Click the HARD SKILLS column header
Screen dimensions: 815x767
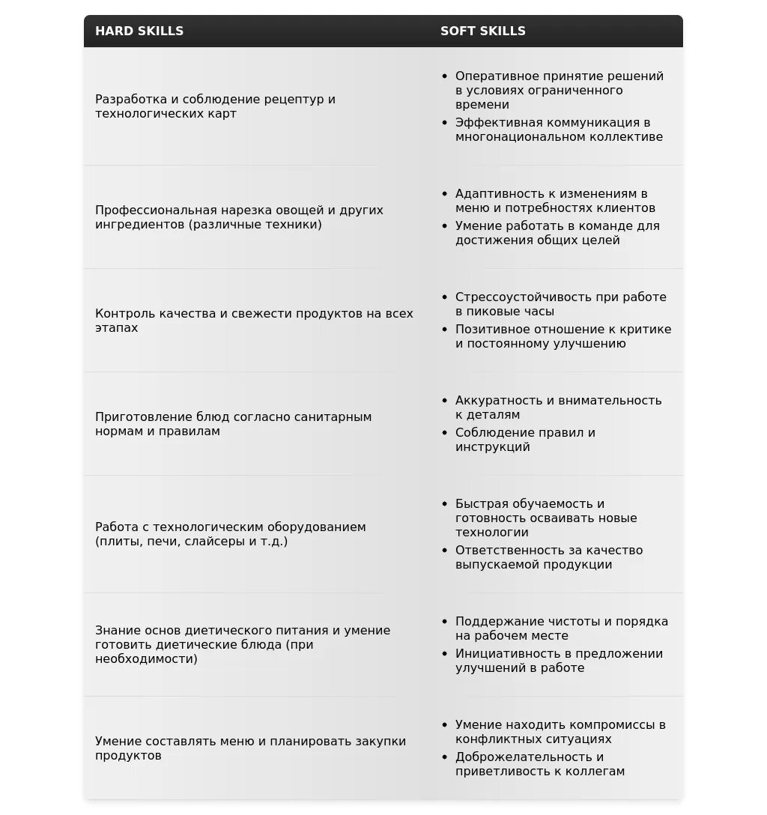(139, 31)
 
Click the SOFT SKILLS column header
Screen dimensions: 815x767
(483, 31)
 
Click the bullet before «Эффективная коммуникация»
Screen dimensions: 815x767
(445, 123)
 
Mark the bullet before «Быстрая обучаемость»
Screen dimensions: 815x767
(445, 504)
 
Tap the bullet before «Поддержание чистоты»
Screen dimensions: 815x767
(445, 622)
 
